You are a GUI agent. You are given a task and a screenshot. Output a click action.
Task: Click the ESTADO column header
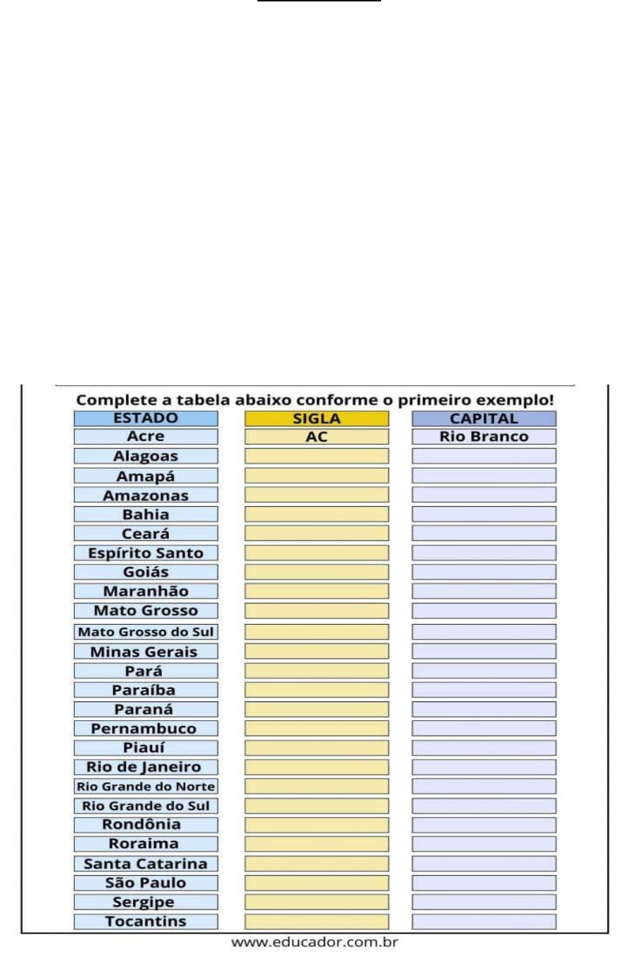[146, 418]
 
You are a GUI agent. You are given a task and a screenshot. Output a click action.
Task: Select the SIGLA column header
[317, 418]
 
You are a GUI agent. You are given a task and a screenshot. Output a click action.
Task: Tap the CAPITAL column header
[484, 418]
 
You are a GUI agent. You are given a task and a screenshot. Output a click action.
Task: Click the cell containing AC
[317, 437]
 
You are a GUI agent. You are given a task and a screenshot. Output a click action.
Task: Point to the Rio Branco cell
[484, 437]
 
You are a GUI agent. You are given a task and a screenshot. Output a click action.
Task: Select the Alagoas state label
[146, 456]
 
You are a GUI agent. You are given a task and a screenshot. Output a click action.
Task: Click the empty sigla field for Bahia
[317, 514]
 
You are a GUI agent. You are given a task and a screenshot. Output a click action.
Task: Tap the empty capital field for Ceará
[484, 534]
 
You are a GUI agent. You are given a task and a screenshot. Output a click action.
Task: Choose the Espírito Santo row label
[146, 553]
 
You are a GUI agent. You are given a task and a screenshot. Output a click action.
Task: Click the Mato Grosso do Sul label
[146, 632]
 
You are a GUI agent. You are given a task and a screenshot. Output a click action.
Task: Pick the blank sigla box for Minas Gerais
[317, 651]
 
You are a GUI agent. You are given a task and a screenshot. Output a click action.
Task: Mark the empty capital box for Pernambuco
[484, 728]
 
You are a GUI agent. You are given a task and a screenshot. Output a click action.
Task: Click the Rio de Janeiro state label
[146, 767]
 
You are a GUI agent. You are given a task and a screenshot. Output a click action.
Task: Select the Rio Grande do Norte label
[146, 786]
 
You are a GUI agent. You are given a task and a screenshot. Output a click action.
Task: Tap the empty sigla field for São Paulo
[317, 883]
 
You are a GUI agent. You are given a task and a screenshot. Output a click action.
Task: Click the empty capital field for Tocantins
[484, 922]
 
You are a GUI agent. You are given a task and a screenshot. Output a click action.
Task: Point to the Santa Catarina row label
[146, 864]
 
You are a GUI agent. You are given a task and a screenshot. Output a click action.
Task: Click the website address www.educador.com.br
[315, 942]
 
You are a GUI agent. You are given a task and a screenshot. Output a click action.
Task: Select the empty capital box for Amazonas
[484, 495]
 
